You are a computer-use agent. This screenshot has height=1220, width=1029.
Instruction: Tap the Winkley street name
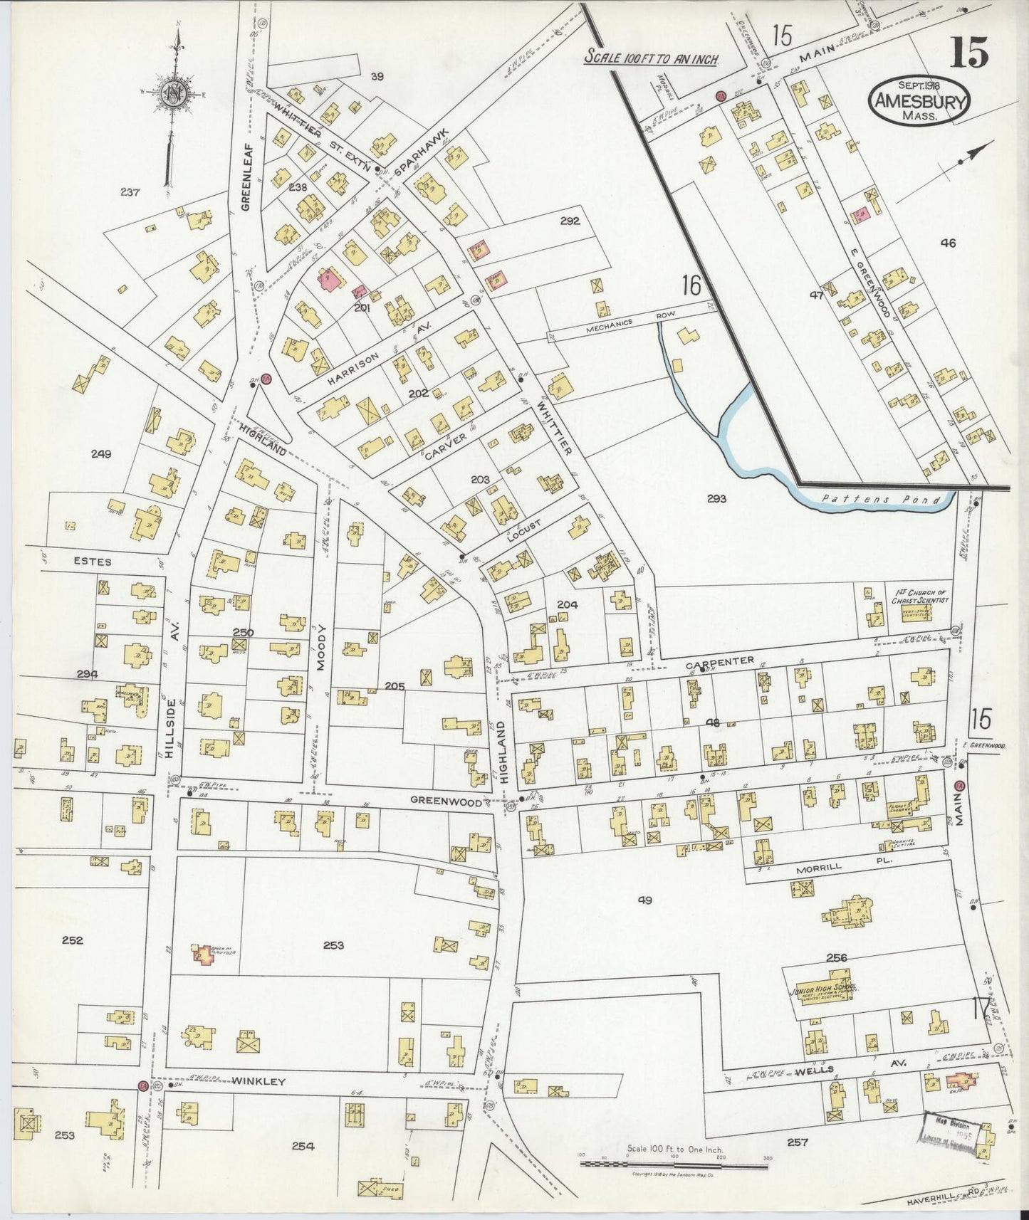tap(258, 1081)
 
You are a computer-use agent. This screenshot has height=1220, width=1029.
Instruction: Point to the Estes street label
tap(92, 562)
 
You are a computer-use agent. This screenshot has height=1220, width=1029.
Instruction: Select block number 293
tap(716, 499)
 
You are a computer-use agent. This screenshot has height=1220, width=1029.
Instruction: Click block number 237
tap(130, 191)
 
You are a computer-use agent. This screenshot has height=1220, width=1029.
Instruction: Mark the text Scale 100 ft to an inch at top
tap(650, 58)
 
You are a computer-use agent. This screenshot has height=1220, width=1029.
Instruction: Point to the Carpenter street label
tap(719, 661)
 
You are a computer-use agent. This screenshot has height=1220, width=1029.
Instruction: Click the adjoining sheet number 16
tap(691, 286)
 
